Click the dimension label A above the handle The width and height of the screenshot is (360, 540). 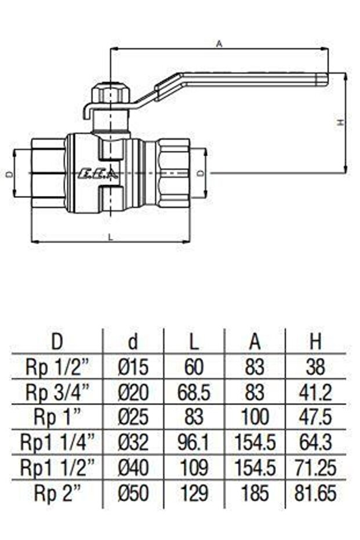coord(219,44)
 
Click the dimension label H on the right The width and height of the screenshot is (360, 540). coord(341,122)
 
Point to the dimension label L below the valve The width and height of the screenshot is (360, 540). coord(111,236)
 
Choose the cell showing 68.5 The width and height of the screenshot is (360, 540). coord(194,393)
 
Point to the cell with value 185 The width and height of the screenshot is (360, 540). coord(254,494)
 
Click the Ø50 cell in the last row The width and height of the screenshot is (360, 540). coord(133,494)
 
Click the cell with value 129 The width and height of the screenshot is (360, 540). coord(194,494)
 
